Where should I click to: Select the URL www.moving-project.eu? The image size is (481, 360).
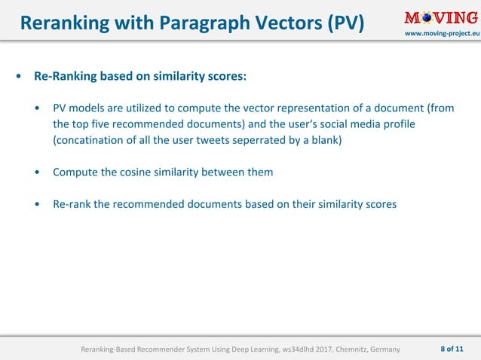click(443, 35)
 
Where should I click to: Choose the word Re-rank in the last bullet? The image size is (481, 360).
click(72, 203)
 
